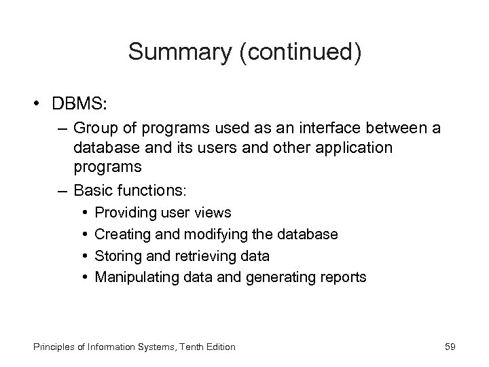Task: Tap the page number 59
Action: pyautogui.click(x=450, y=347)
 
